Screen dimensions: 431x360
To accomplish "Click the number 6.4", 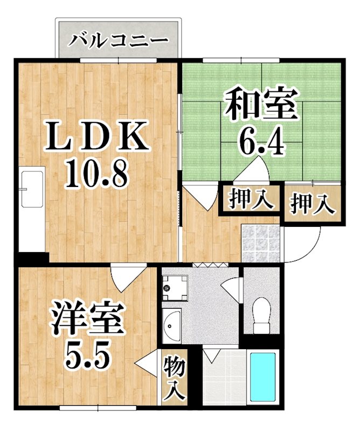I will pos(261,142).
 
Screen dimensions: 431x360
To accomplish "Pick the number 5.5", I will pos(88,353).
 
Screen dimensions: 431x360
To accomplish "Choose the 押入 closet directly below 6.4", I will pos(248,199).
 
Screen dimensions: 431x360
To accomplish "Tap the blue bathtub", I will pos(262,378).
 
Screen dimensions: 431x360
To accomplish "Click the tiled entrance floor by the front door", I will pos(261,242).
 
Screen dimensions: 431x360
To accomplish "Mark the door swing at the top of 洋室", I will pos(122,277).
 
